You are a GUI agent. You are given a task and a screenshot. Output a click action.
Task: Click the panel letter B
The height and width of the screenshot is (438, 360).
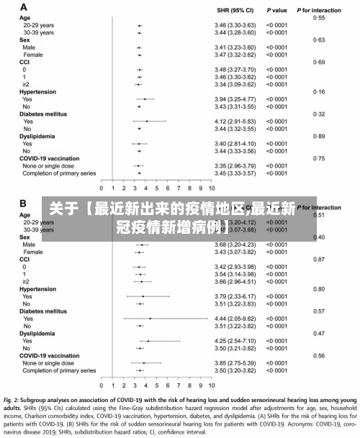coord(24,204)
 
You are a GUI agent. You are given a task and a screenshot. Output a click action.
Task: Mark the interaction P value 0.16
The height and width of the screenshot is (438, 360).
coord(319,92)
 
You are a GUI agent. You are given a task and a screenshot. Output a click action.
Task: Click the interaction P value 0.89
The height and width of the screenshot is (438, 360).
coord(319,136)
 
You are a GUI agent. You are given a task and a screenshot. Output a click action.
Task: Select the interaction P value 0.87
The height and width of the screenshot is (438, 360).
coord(319,260)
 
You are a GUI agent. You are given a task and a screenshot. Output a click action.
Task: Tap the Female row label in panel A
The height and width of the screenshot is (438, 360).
coord(32,55)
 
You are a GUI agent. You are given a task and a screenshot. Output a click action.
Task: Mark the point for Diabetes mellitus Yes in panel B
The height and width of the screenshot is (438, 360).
coord(150,319)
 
